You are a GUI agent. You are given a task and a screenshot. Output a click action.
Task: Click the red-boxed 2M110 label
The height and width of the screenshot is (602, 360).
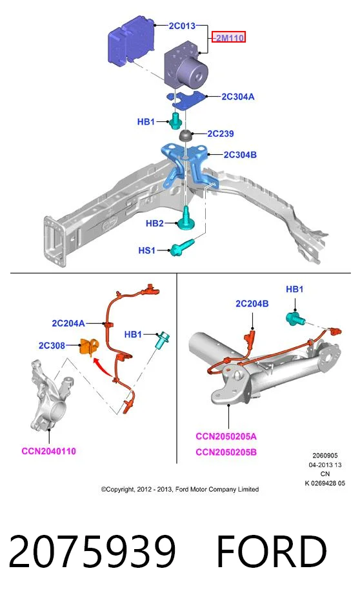coord(229,37)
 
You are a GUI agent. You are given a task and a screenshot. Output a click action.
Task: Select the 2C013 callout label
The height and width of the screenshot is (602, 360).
coord(182,26)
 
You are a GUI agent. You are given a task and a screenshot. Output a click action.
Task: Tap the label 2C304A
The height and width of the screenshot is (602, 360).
coord(238,96)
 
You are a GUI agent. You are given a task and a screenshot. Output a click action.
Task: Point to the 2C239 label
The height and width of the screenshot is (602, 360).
coord(220,134)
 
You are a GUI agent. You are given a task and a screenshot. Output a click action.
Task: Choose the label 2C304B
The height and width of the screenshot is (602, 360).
coord(240,155)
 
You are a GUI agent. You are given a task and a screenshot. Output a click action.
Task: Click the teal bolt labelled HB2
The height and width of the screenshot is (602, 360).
coord(186,218)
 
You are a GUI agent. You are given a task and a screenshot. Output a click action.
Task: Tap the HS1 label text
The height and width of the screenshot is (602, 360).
coord(146,250)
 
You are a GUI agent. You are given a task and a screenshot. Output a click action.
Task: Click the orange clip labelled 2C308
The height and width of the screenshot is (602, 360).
coord(88,346)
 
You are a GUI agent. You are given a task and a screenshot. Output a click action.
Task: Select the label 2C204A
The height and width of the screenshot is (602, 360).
coord(68,323)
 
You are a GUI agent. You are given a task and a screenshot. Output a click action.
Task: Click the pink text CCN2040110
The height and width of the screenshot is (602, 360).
coord(49,451)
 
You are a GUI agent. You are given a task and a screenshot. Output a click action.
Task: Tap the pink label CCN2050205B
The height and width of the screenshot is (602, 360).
coord(226,452)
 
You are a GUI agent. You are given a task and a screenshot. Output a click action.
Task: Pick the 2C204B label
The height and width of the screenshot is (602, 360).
coord(252,303)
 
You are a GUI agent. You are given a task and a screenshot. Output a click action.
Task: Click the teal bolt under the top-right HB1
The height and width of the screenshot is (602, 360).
coord(295,318)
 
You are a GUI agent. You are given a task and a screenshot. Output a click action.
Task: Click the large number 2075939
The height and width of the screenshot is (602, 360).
coord(92,552)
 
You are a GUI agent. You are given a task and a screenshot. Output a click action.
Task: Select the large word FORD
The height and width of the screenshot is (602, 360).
coord(272,552)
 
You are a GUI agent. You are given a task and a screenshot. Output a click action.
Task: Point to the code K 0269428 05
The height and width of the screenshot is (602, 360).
coord(325,483)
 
